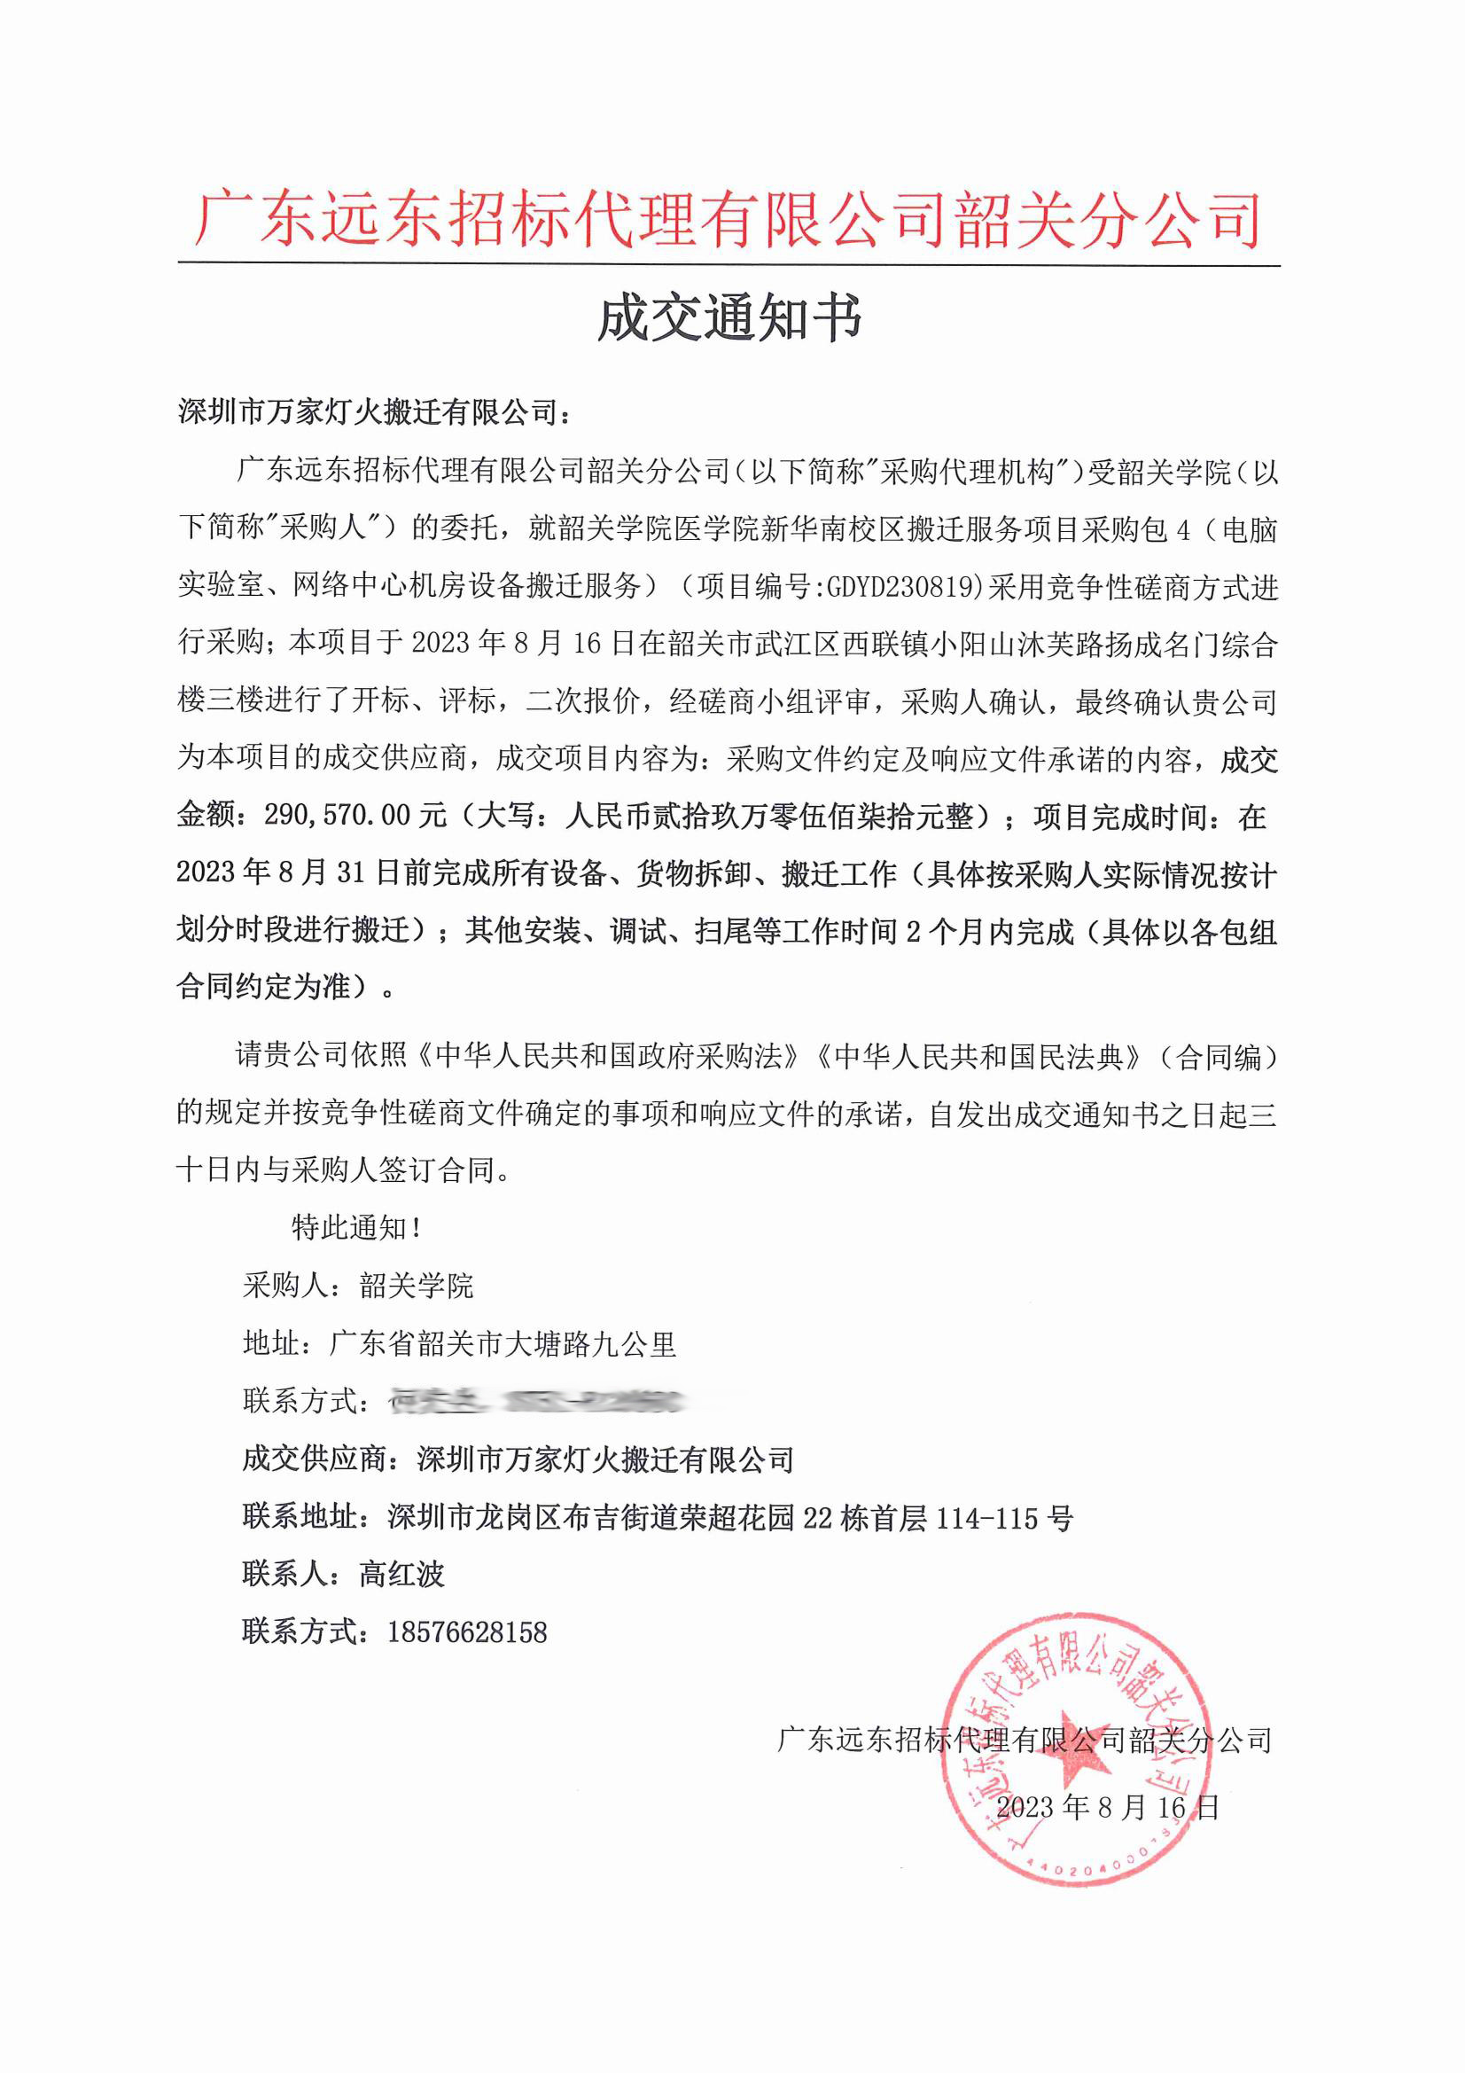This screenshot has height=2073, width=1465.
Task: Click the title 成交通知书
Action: click(x=729, y=319)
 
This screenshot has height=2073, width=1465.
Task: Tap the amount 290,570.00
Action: click(x=338, y=817)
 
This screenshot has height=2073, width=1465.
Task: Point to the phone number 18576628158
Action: click(x=467, y=1632)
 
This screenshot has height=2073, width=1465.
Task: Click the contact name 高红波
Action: click(x=401, y=1575)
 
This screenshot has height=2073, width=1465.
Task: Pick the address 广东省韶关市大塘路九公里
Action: click(x=503, y=1344)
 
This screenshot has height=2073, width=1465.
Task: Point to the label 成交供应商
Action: click(x=315, y=1459)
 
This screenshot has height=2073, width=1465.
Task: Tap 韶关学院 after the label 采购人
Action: click(x=417, y=1286)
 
